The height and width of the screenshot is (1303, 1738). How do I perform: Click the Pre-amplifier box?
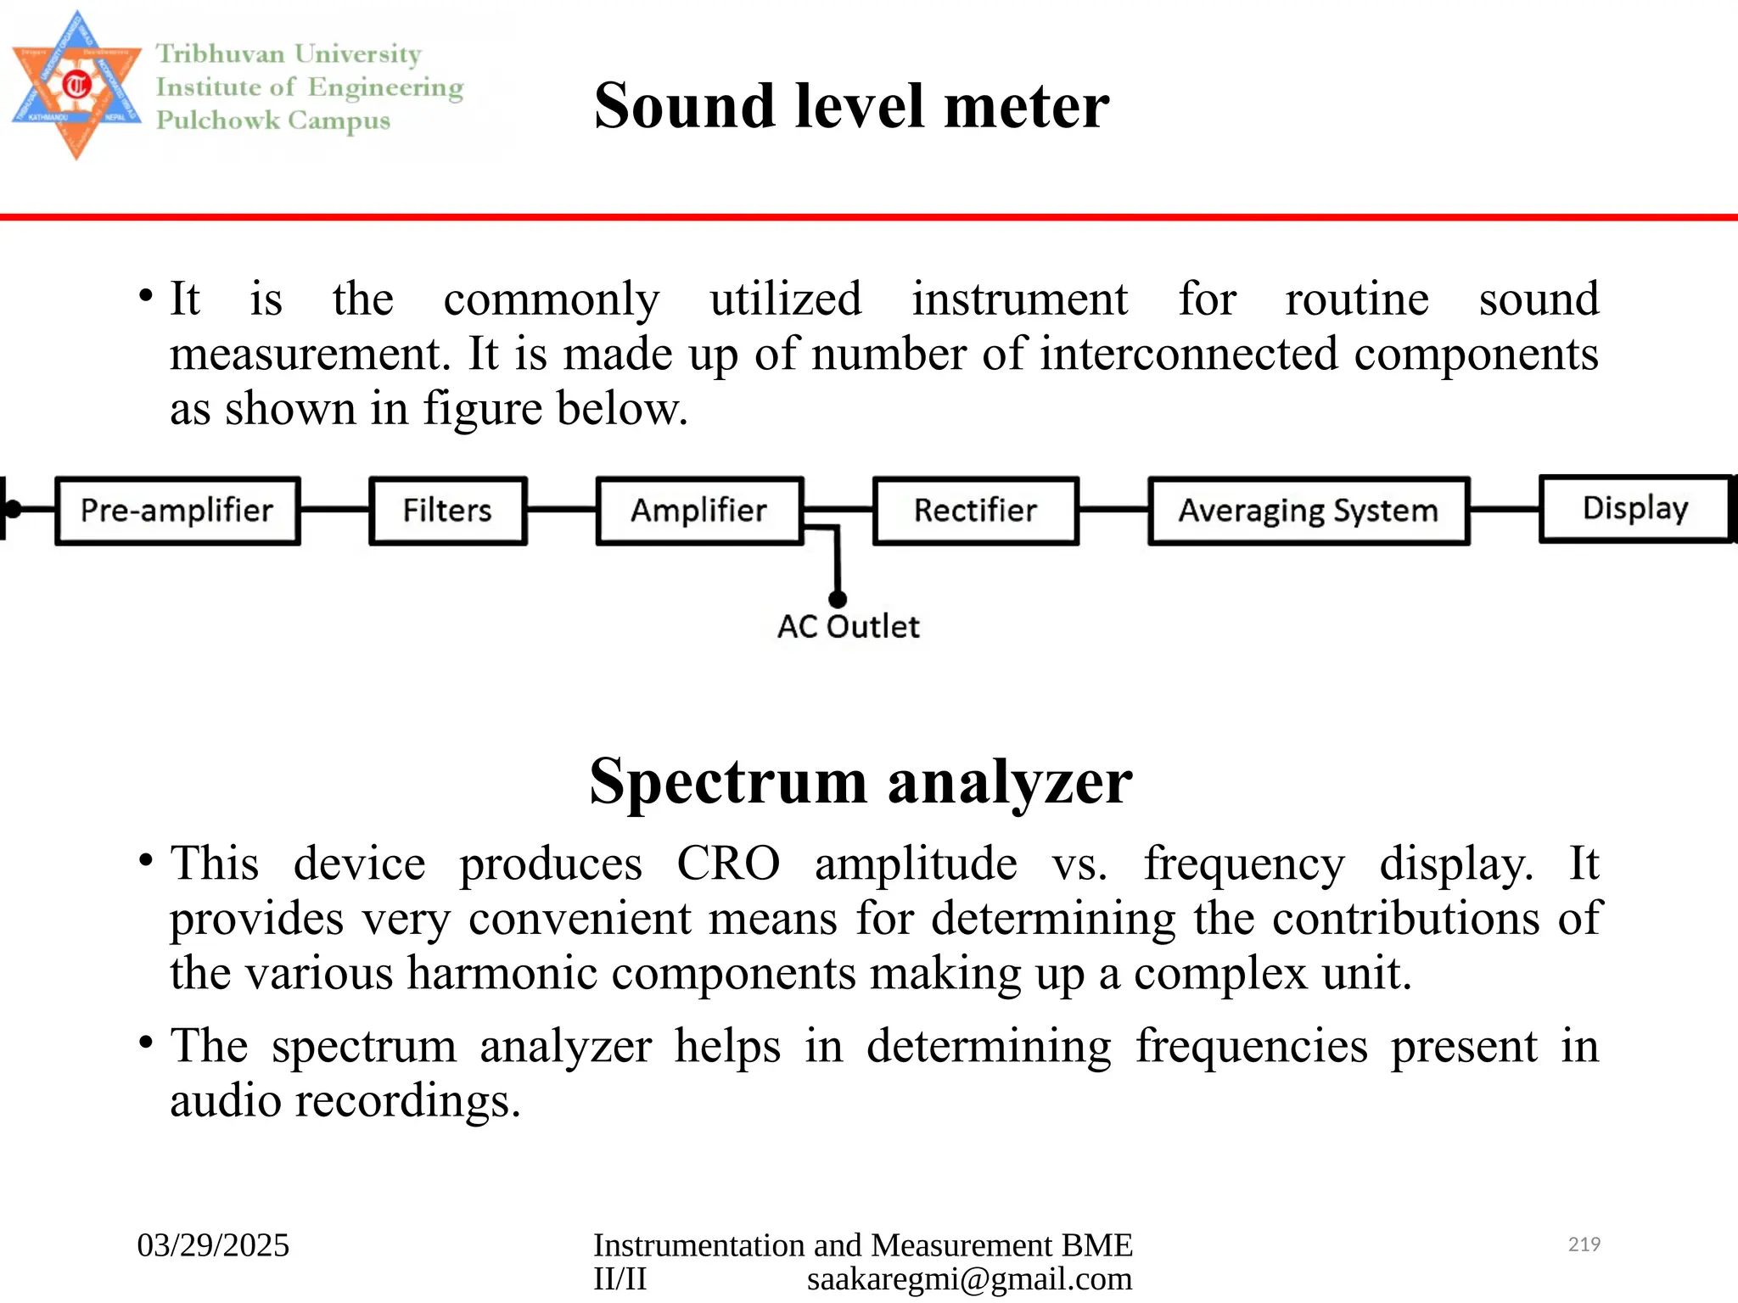point(177,511)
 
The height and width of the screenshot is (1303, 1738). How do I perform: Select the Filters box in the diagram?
point(447,511)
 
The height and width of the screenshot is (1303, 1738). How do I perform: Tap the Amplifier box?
point(698,511)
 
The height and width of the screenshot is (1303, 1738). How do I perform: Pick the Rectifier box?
point(975,511)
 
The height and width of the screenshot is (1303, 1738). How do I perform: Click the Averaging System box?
point(1308,511)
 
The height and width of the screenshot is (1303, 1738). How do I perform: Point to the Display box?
point(1634,508)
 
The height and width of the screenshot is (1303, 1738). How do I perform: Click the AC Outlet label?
point(848,627)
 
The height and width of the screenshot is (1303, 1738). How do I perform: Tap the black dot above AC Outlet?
point(838,599)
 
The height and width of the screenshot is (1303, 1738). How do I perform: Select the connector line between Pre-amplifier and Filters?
point(334,509)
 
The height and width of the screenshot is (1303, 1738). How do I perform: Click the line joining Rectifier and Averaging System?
point(1113,509)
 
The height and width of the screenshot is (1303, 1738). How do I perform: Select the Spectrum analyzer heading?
point(861,780)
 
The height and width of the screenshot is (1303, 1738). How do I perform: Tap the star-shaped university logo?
point(76,85)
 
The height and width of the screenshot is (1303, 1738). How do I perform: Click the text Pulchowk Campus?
point(273,120)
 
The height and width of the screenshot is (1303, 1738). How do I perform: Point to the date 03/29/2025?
point(213,1245)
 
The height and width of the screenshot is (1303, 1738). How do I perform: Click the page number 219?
point(1584,1244)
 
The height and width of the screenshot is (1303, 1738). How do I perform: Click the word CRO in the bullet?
point(727,864)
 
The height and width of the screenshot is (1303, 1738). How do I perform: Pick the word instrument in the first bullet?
point(1019,299)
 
